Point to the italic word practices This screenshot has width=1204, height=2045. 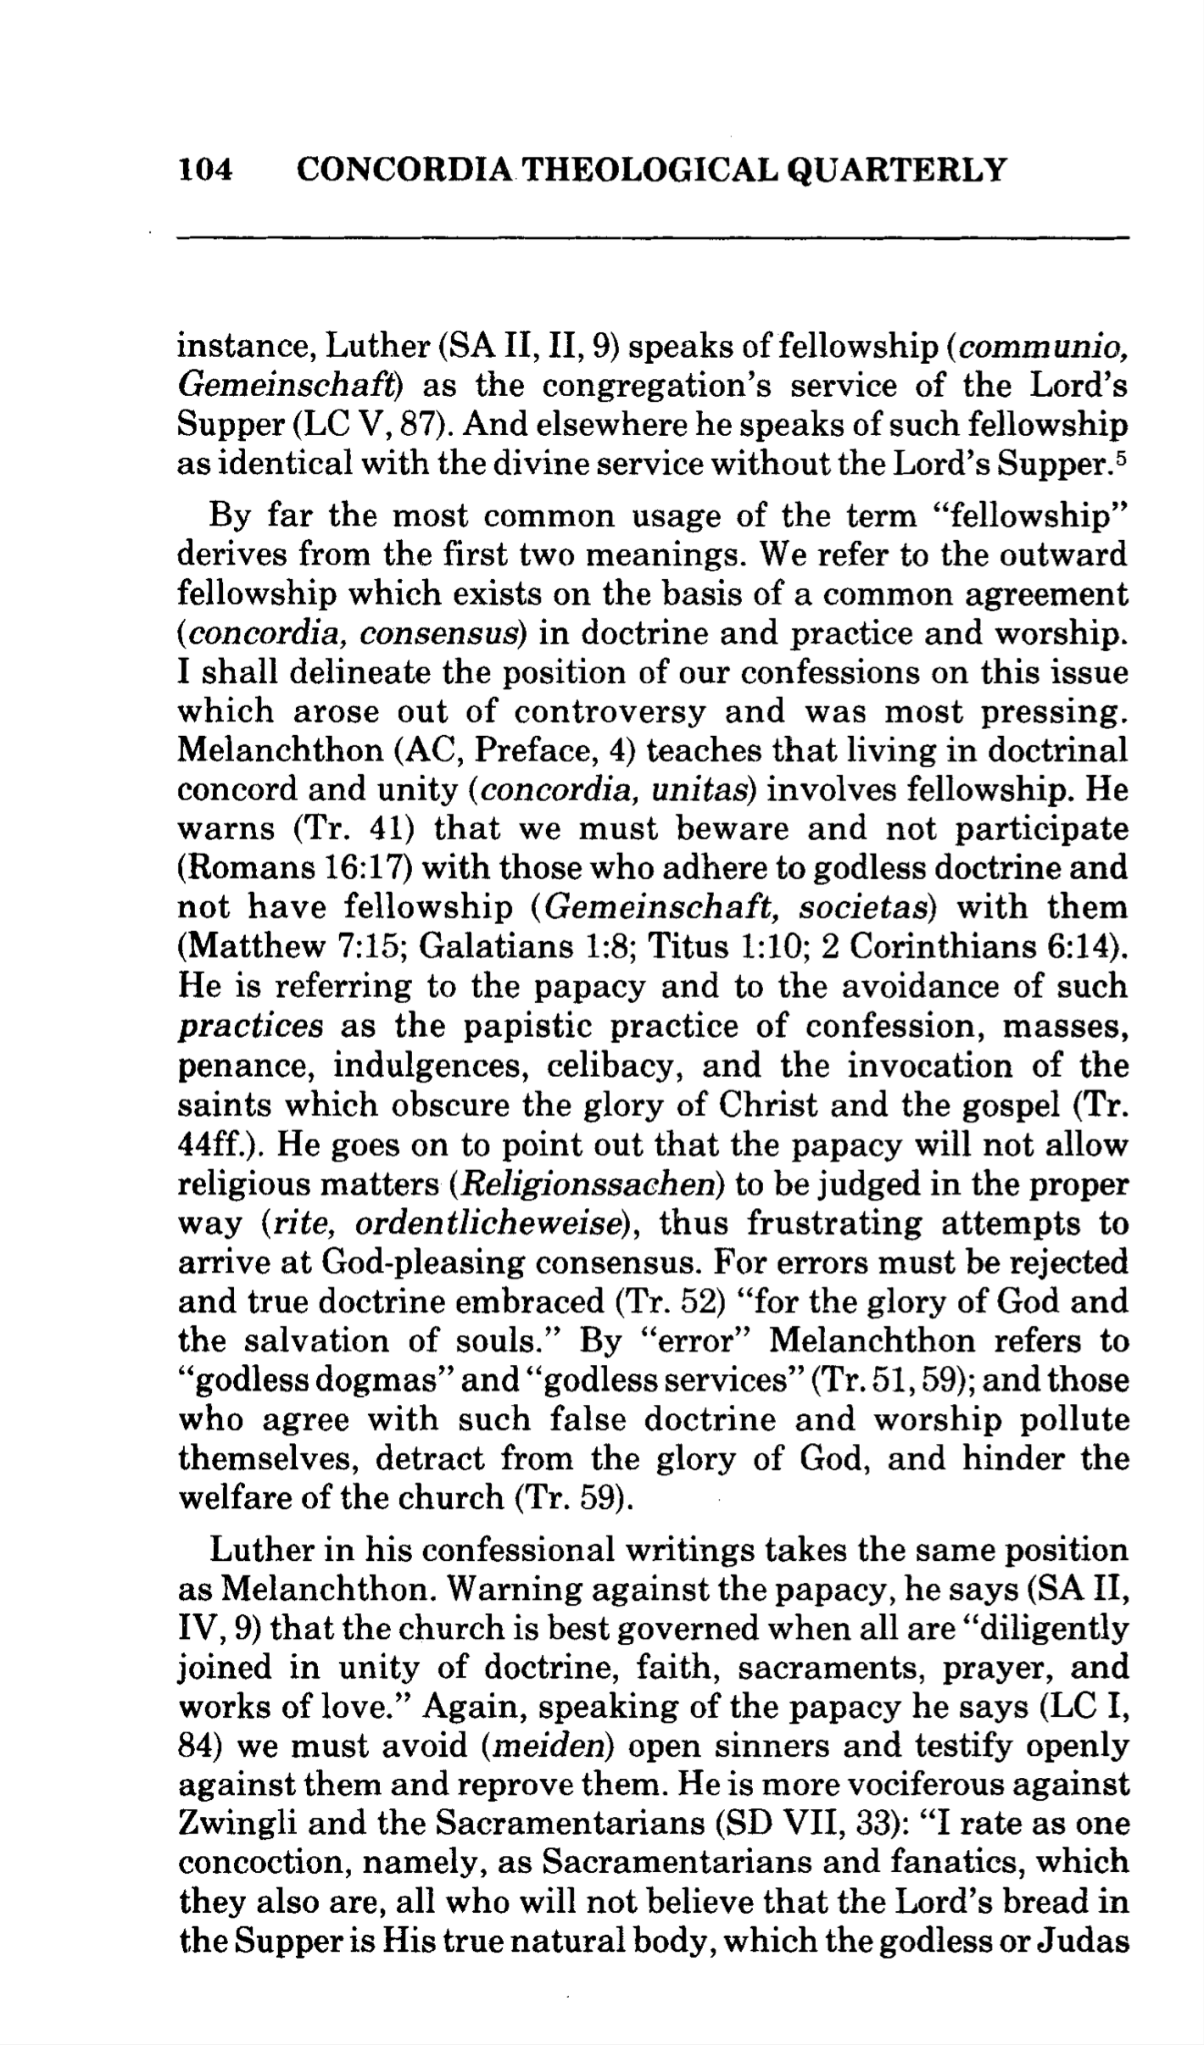click(x=251, y=1027)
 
